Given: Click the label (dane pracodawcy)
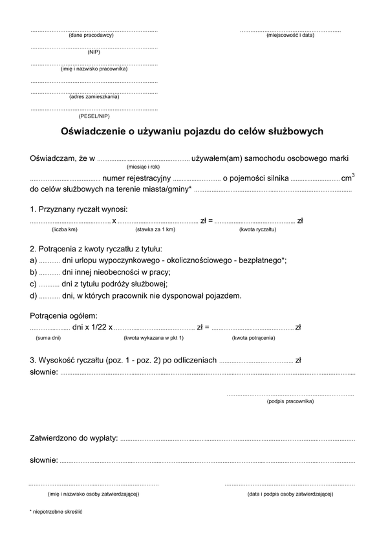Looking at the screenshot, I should (x=91, y=35).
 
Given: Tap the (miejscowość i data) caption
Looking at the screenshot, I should (x=290, y=35).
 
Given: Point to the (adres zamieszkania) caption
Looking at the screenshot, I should (x=94, y=97).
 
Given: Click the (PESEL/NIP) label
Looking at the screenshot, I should (x=94, y=116).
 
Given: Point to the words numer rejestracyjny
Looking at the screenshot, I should (x=136, y=178).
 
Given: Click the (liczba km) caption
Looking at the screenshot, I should (x=64, y=229).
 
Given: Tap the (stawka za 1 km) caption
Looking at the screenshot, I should (x=155, y=229).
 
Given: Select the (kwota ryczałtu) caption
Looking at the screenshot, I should (x=258, y=229).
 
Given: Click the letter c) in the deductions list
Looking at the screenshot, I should (x=33, y=284).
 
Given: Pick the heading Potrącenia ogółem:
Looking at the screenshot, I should (x=63, y=315).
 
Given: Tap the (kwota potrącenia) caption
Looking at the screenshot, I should (x=253, y=338).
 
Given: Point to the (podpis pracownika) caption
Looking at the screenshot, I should (x=290, y=401).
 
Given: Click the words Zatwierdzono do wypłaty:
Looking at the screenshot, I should (x=74, y=439).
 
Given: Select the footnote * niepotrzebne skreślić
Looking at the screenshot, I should (x=56, y=511).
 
